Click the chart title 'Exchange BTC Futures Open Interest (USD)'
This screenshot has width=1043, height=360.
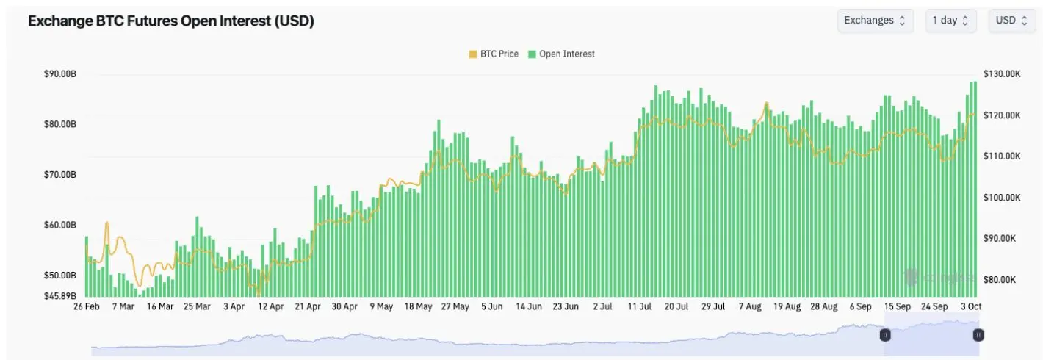(x=170, y=21)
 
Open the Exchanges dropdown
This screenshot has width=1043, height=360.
(x=875, y=21)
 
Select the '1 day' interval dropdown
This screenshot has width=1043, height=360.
(x=950, y=21)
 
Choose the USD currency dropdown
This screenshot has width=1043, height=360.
(x=1011, y=21)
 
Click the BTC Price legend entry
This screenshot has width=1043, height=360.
(x=494, y=54)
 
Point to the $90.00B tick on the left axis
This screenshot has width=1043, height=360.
(x=60, y=74)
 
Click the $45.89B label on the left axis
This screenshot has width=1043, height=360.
(x=60, y=296)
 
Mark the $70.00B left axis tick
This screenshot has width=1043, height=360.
(x=60, y=175)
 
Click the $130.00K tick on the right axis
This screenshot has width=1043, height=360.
(x=1002, y=74)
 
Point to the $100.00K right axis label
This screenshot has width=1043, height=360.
(x=1002, y=198)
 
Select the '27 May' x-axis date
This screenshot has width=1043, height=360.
(x=455, y=306)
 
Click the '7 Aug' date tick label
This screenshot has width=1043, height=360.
(x=751, y=306)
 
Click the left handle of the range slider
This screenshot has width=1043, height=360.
(x=885, y=335)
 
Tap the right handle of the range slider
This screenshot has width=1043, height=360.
(x=978, y=335)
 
